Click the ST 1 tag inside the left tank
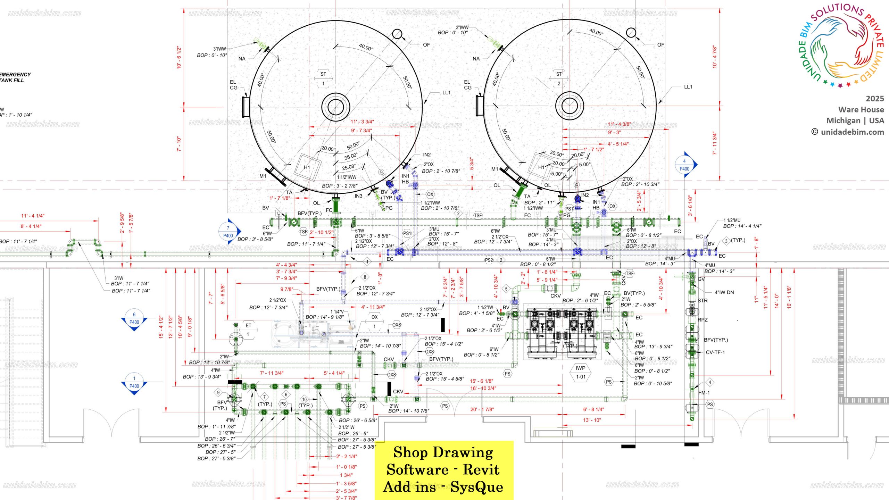323,79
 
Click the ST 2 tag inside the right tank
558,79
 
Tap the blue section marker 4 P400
685,165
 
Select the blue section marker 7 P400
229,232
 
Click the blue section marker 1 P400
134,382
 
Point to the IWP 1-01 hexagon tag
581,372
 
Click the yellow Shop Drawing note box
443,470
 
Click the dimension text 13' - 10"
592,420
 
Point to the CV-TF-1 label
715,352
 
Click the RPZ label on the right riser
703,320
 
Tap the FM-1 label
704,393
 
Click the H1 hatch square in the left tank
307,167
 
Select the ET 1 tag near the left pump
248,330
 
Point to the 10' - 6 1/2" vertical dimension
179,57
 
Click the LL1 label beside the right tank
688,87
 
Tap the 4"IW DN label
724,292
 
